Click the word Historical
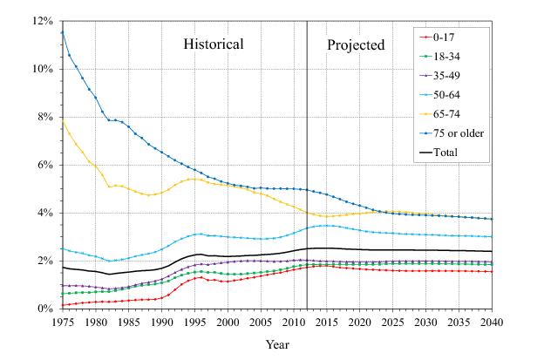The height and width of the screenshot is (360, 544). tap(213, 44)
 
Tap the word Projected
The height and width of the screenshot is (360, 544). tap(356, 44)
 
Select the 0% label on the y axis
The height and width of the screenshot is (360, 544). tap(44, 309)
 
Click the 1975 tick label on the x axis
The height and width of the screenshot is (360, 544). tap(63, 322)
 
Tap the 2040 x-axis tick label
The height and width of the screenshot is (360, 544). tap(493, 322)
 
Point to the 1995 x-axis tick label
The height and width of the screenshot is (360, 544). tap(195, 322)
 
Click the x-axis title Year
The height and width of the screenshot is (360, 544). tap(278, 344)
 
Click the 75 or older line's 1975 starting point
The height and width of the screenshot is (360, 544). tap(63, 32)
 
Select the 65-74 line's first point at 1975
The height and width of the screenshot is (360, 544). tap(63, 121)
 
